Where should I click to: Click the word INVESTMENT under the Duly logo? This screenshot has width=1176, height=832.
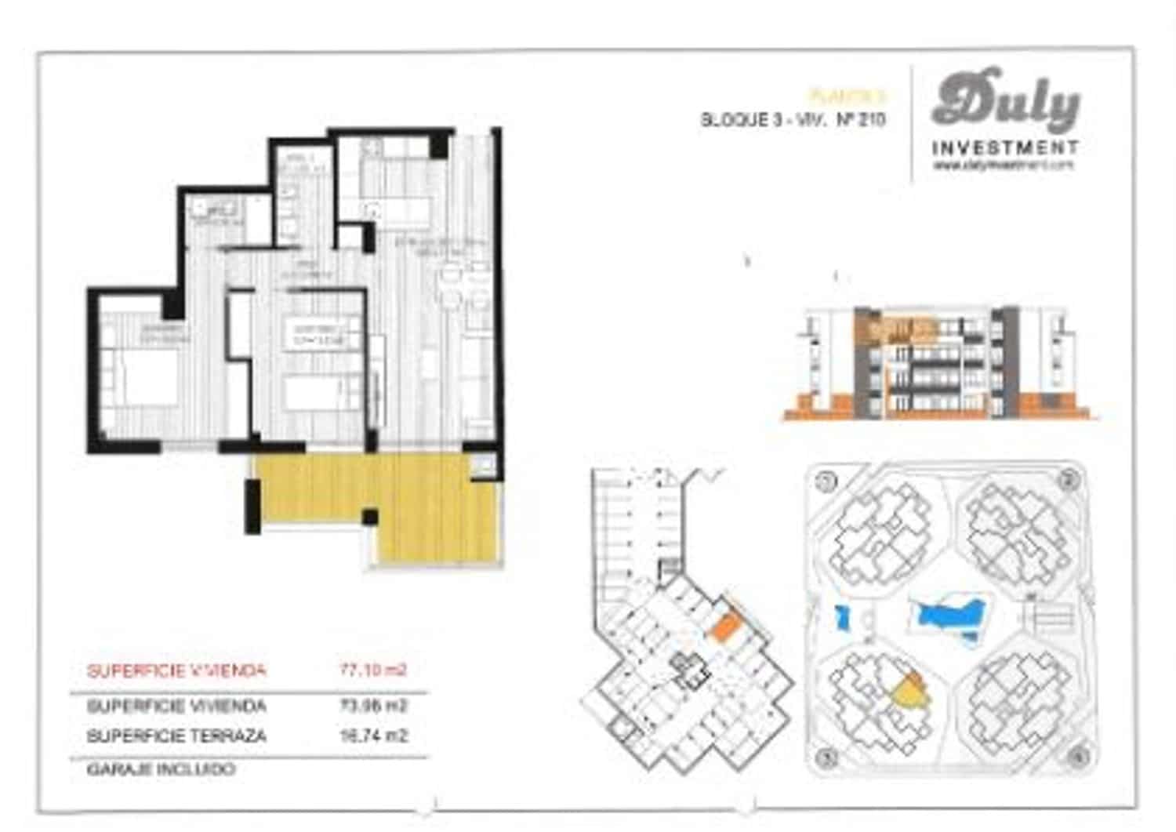coord(1005,147)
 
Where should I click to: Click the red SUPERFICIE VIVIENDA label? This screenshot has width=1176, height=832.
coord(176,671)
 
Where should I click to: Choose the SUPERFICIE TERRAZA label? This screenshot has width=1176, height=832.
coord(176,736)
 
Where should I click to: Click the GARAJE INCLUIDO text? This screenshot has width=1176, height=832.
coord(161,769)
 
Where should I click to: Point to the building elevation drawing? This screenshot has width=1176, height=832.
coord(941,361)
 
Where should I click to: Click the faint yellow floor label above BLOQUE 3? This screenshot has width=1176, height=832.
coord(848,96)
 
